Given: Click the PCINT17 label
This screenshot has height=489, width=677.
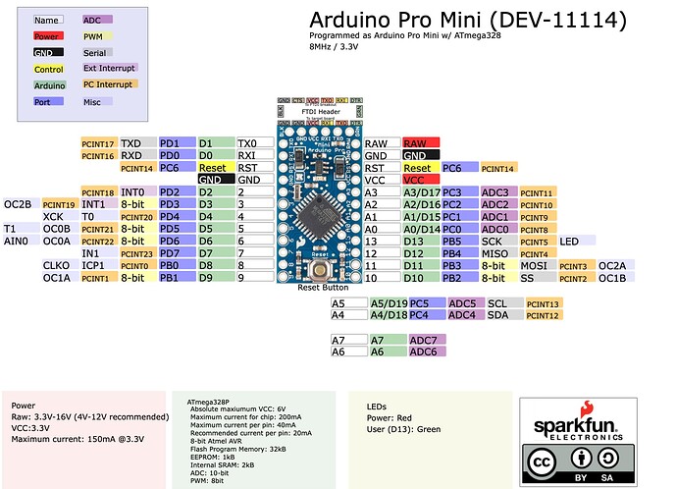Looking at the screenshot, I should click(x=99, y=144).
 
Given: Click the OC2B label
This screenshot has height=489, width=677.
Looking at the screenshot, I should click(x=21, y=204).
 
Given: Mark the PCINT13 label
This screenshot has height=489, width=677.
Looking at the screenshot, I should click(x=543, y=304).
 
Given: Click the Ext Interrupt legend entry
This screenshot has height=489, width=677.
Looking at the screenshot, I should click(x=110, y=68).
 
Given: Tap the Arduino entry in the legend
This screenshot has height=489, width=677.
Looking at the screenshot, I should click(x=49, y=84).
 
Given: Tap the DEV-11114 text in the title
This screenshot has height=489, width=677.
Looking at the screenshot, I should click(x=560, y=21).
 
